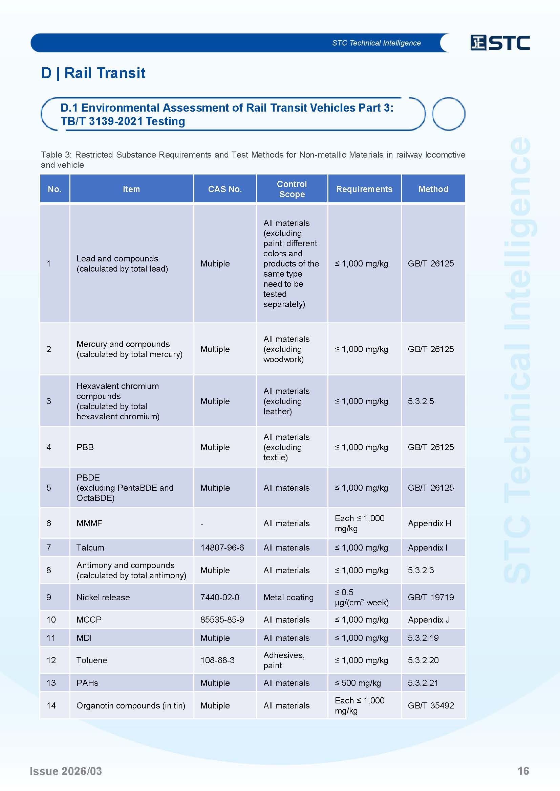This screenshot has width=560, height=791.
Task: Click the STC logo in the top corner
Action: click(x=500, y=43)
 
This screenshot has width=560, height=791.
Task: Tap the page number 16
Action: click(x=523, y=771)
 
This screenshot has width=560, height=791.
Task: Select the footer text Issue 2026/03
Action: click(x=66, y=771)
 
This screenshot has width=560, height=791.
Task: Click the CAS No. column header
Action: click(x=225, y=189)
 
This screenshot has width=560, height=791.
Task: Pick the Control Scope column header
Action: click(x=292, y=189)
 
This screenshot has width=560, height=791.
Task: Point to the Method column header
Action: click(x=433, y=189)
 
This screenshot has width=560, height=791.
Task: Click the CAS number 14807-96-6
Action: click(x=222, y=548)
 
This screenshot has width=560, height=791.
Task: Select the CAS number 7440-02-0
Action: click(x=220, y=597)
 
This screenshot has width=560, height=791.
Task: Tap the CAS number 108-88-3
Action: click(x=217, y=660)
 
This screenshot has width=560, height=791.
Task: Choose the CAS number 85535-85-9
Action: click(x=222, y=620)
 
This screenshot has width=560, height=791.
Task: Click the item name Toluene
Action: click(x=92, y=660)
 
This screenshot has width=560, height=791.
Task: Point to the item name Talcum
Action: click(x=90, y=548)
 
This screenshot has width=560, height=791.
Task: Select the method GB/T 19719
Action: click(x=431, y=597)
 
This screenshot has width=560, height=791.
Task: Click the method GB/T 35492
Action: click(x=431, y=705)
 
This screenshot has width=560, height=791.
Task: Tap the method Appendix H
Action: click(x=429, y=523)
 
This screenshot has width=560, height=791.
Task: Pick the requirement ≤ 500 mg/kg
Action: click(x=358, y=682)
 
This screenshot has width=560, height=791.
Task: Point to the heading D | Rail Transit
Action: click(x=93, y=73)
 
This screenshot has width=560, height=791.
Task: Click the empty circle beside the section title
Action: click(x=448, y=114)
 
